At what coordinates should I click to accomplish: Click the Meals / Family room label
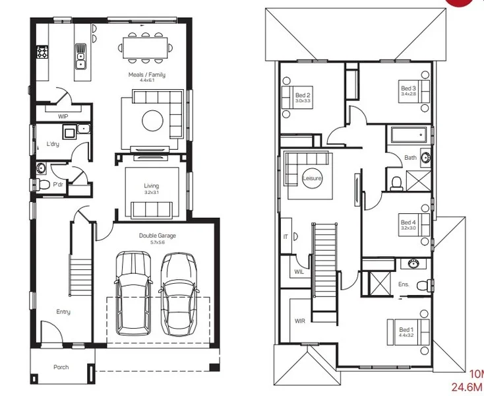146,75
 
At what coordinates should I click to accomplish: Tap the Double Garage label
157,236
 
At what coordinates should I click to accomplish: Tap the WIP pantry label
63,116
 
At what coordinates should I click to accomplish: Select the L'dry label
53,143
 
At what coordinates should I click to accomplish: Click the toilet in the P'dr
42,184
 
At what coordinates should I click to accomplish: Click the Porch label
61,367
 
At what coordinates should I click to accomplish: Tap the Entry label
63,312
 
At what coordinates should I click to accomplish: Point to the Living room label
152,186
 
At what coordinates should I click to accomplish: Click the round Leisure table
312,178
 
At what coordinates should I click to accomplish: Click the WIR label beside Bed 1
299,321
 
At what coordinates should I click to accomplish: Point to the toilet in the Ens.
429,285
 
